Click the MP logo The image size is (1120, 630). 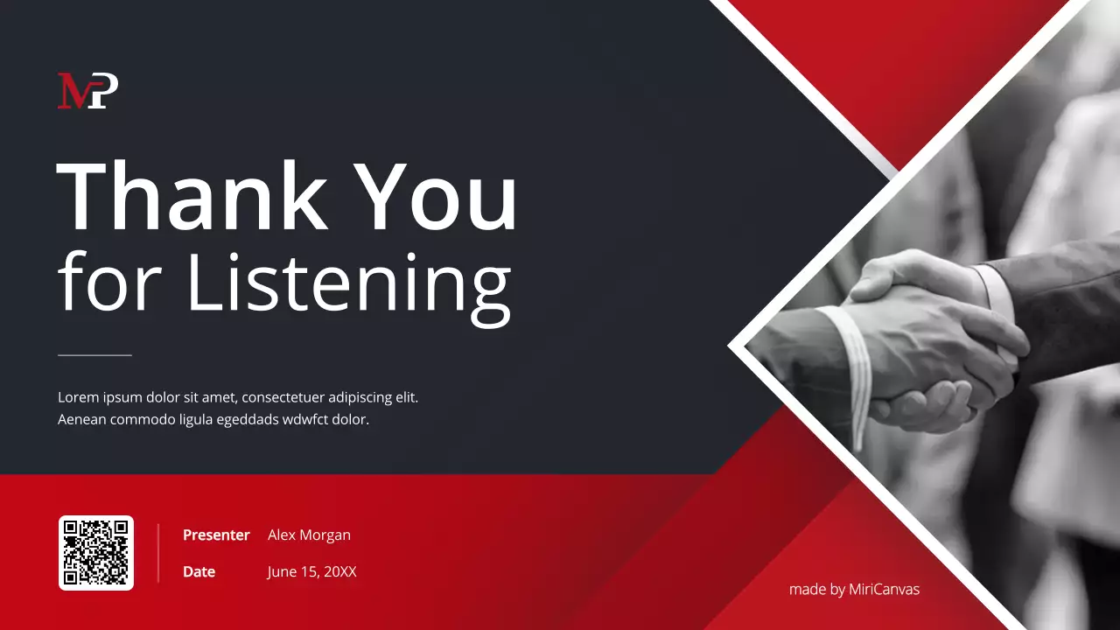click(87, 91)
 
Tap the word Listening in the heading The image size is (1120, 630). click(348, 282)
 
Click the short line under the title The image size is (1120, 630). click(94, 355)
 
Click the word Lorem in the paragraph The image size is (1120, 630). click(78, 397)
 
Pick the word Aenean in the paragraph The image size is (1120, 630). click(82, 419)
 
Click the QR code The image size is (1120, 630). click(96, 553)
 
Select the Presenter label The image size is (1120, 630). click(216, 535)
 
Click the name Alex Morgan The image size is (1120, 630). click(309, 535)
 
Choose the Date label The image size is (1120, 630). click(199, 572)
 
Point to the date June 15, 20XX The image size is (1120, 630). click(311, 572)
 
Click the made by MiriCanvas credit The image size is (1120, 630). click(854, 589)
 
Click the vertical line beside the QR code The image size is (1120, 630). click(158, 553)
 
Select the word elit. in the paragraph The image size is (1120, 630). click(407, 397)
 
